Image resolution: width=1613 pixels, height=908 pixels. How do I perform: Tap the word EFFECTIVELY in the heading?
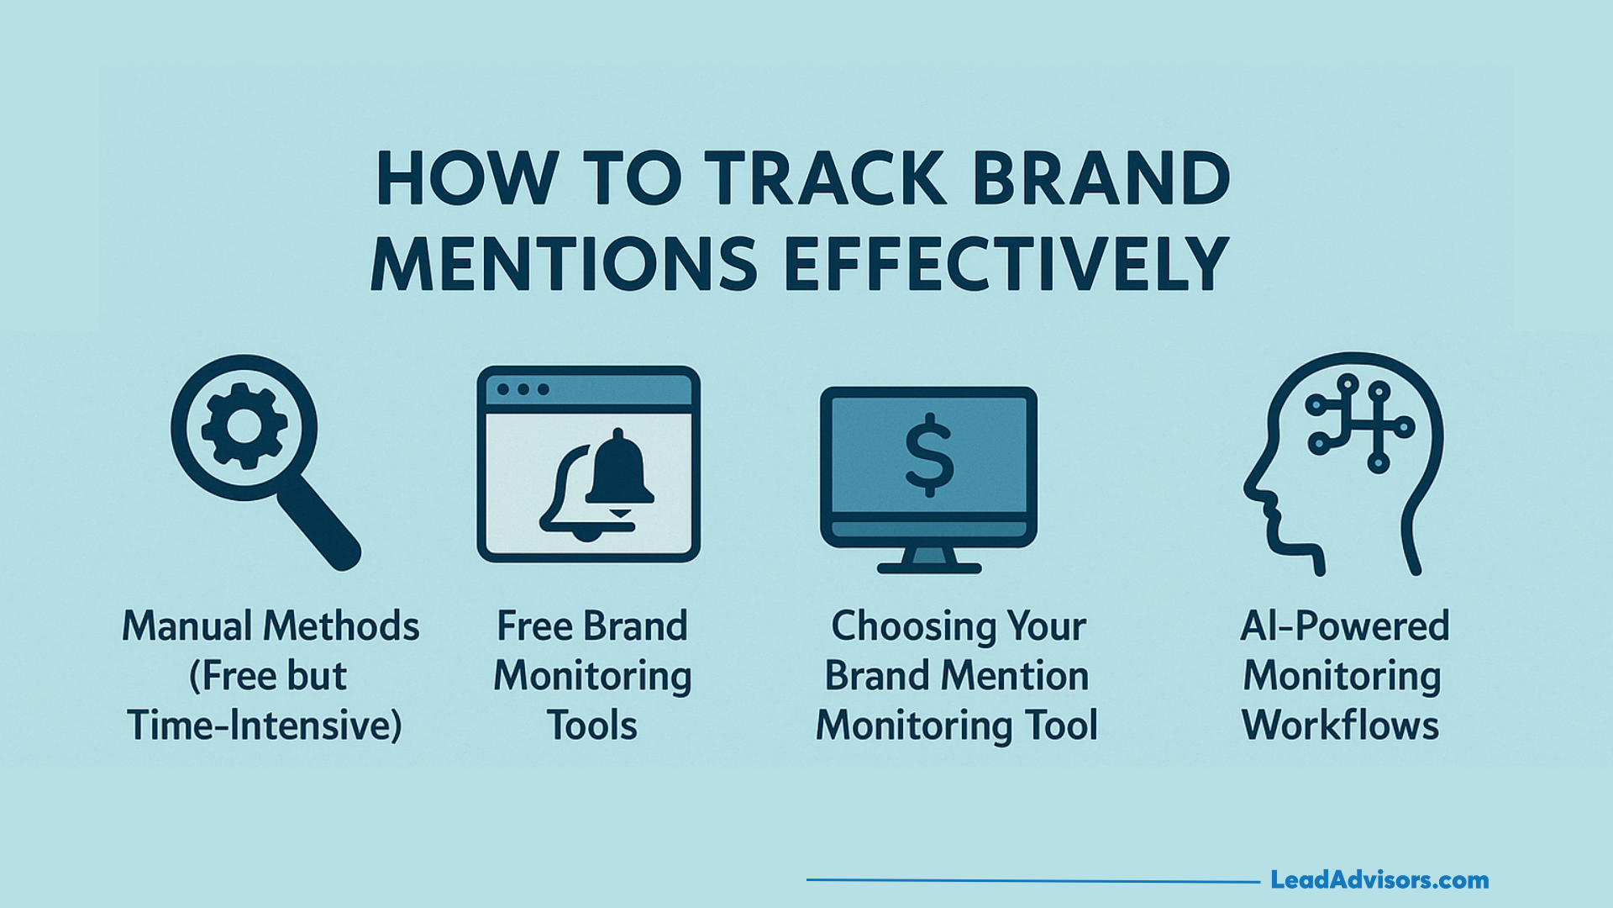(x=1007, y=263)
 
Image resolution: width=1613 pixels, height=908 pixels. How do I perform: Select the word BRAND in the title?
(x=1101, y=178)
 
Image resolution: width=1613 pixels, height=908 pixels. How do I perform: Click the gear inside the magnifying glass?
(x=244, y=426)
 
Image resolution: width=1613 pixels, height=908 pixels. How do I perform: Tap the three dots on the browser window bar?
(x=523, y=390)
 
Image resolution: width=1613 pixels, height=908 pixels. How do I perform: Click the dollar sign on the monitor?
(x=929, y=455)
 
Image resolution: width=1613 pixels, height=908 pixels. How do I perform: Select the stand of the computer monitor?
(x=929, y=561)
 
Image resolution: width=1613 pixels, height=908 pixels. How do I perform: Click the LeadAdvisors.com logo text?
(x=1379, y=880)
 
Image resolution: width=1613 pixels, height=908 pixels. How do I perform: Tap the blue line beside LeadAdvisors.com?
(x=1033, y=880)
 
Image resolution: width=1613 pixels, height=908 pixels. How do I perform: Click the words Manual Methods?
(x=271, y=626)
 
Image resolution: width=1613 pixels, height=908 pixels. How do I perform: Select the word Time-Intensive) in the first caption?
(x=265, y=726)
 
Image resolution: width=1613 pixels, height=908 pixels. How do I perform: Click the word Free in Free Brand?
(x=534, y=626)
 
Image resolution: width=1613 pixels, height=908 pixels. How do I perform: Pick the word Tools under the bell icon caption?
(x=592, y=726)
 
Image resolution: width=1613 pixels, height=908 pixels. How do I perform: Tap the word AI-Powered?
(x=1345, y=626)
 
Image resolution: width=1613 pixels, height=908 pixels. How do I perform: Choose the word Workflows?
(x=1341, y=726)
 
